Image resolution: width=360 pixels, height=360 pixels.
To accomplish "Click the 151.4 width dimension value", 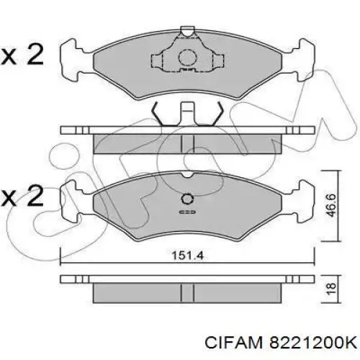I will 184,253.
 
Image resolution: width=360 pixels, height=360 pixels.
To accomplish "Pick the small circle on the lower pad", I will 188,199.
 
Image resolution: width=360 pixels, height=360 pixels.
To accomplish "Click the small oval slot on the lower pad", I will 188,213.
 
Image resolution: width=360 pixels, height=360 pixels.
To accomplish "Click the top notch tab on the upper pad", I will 188,32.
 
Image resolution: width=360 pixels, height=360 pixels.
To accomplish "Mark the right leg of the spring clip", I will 216,115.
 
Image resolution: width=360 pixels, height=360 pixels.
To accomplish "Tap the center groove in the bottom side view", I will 188,292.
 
